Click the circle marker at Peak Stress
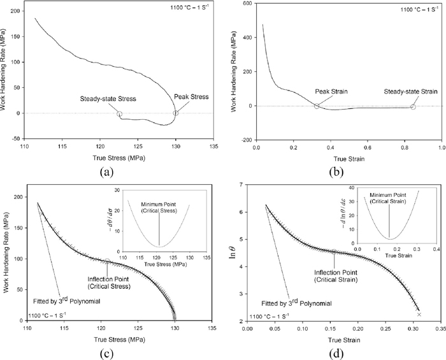(175, 113)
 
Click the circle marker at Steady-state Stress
(119, 114)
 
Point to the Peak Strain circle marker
(317, 106)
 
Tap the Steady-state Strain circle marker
(413, 106)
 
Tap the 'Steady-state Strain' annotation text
(411, 92)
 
